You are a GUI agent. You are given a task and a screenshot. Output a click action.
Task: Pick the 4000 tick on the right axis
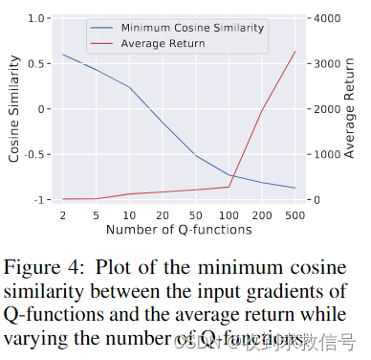[x=329, y=18]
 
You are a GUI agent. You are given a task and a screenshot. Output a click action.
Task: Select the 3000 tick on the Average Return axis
[x=329, y=64]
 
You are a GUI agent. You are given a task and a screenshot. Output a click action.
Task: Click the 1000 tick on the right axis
[x=329, y=154]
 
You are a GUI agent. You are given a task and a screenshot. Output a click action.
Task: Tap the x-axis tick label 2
[x=64, y=215]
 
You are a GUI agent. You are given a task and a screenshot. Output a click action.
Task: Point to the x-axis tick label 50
[x=195, y=215]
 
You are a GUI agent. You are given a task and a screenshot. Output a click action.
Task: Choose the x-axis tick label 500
[x=295, y=215]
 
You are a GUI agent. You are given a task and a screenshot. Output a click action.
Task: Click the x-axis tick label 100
[x=228, y=215]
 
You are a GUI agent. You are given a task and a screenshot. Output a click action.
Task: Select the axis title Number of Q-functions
[x=179, y=231]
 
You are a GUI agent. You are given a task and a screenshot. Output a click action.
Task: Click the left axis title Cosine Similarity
[x=13, y=108]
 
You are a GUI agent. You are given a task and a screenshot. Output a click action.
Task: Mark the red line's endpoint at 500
[x=295, y=51]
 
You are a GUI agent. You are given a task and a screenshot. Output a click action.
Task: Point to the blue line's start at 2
[x=64, y=55]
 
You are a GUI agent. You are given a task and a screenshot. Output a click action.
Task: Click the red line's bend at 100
[x=229, y=187]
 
